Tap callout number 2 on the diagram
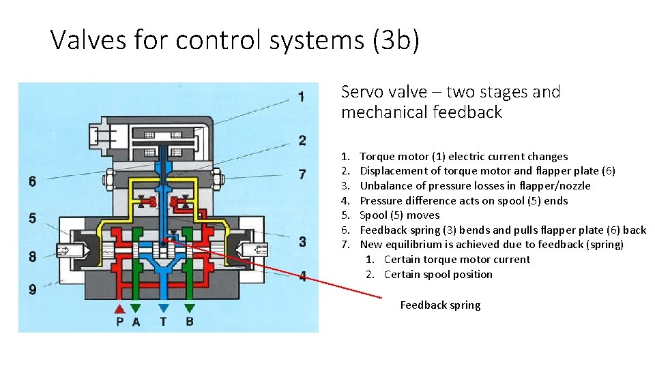point(302,140)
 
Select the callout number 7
point(302,174)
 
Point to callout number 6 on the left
point(32,182)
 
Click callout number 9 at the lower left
point(32,290)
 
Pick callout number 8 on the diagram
point(32,257)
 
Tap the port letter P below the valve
point(120,322)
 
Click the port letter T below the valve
point(163,322)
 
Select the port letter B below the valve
point(190,322)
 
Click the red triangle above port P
point(121,308)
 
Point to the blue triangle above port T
point(163,308)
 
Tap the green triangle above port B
point(190,308)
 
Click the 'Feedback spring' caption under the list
point(440,305)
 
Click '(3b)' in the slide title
point(396,40)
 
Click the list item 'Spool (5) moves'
point(400,215)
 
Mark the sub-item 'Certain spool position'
point(438,275)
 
